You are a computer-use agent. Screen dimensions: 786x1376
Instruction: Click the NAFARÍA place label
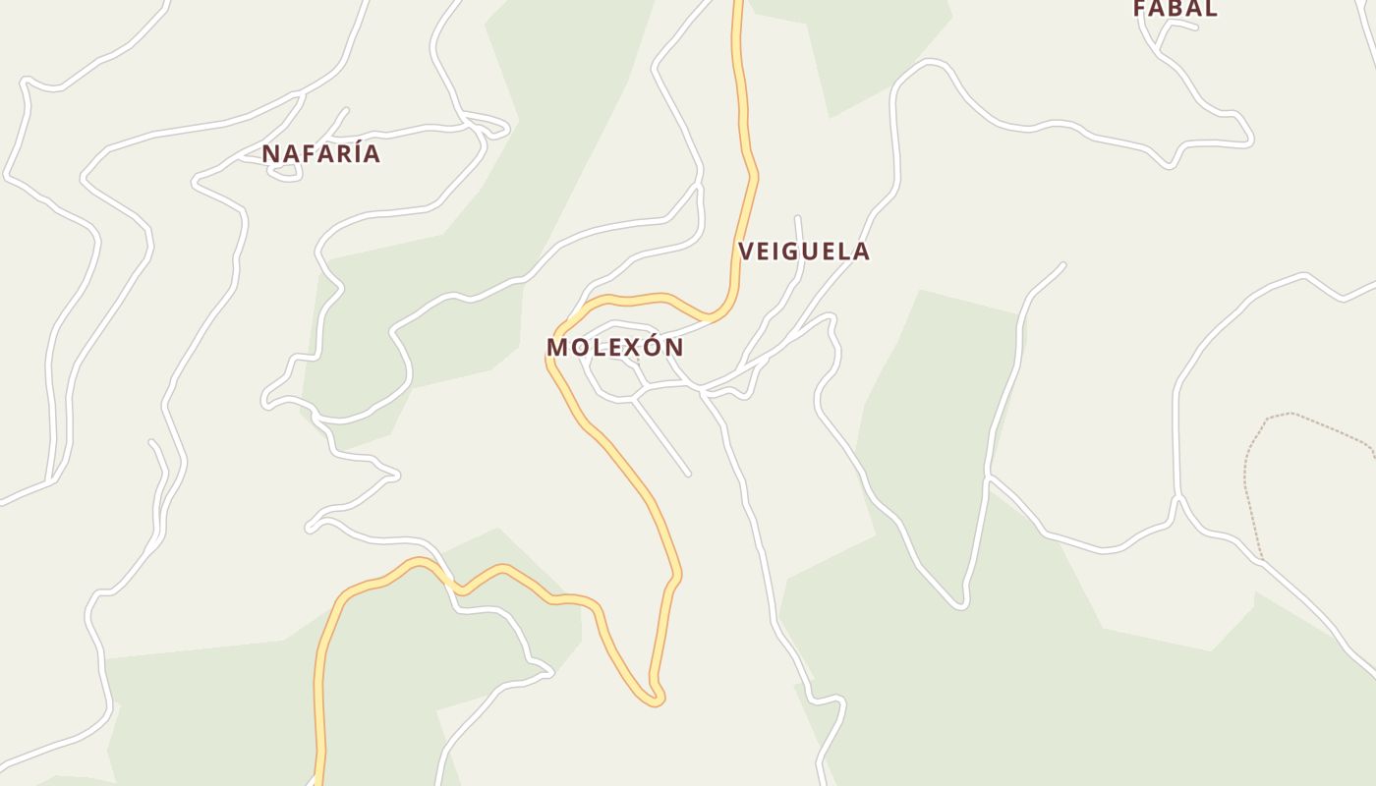320,154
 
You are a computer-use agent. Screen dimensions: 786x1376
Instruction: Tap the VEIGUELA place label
804,252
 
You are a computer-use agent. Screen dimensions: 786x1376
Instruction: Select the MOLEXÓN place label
614,348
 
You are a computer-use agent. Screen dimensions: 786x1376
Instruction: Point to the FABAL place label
1175,9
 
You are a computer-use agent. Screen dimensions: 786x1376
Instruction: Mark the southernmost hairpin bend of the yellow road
653,701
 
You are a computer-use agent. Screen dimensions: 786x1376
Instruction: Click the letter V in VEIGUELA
746,252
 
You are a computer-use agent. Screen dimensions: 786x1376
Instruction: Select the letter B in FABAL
1175,9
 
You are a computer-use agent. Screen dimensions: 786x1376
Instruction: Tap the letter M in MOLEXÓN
557,348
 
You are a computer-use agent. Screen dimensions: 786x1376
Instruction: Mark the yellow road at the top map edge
737,5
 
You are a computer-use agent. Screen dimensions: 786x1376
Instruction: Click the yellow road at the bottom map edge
318,780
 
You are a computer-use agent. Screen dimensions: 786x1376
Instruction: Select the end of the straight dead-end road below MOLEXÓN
687,474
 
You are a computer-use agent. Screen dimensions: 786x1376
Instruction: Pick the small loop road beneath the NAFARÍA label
284,173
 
